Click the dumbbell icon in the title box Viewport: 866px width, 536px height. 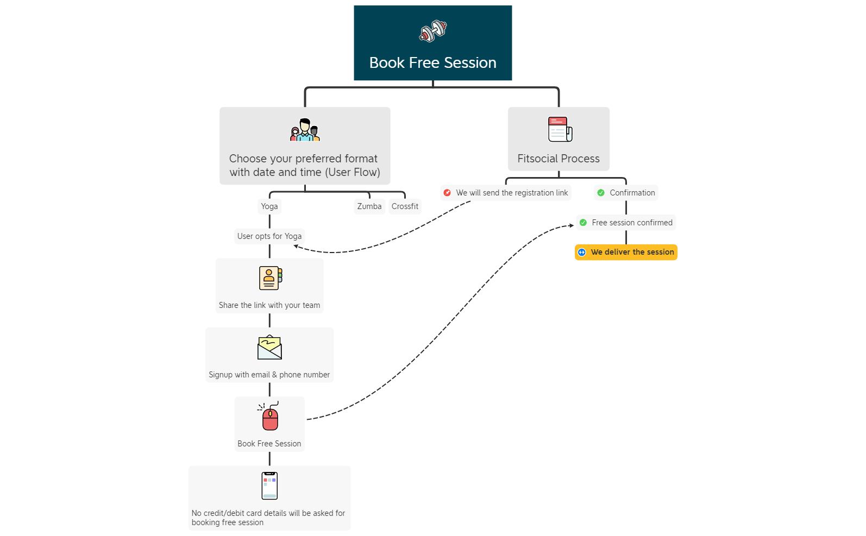[x=433, y=31]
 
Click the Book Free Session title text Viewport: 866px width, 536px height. [x=432, y=63]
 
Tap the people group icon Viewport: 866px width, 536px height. [x=305, y=130]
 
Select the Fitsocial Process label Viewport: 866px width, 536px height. [x=558, y=159]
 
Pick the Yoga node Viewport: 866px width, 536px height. [x=269, y=206]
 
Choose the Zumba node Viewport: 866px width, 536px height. [x=369, y=206]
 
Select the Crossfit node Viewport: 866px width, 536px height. [x=405, y=206]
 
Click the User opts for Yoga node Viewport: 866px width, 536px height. [x=269, y=236]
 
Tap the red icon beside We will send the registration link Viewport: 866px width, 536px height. [x=447, y=193]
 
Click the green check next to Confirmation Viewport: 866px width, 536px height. [x=601, y=193]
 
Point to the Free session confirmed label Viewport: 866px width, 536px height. [x=632, y=223]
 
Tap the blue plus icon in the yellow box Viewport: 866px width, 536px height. [x=582, y=252]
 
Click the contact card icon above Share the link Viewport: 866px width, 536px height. [x=270, y=278]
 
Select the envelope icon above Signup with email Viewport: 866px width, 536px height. [x=269, y=348]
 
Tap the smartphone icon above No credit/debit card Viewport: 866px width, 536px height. [x=269, y=485]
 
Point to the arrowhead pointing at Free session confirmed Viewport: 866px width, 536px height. [x=571, y=225]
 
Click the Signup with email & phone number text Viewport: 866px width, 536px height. [x=269, y=375]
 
